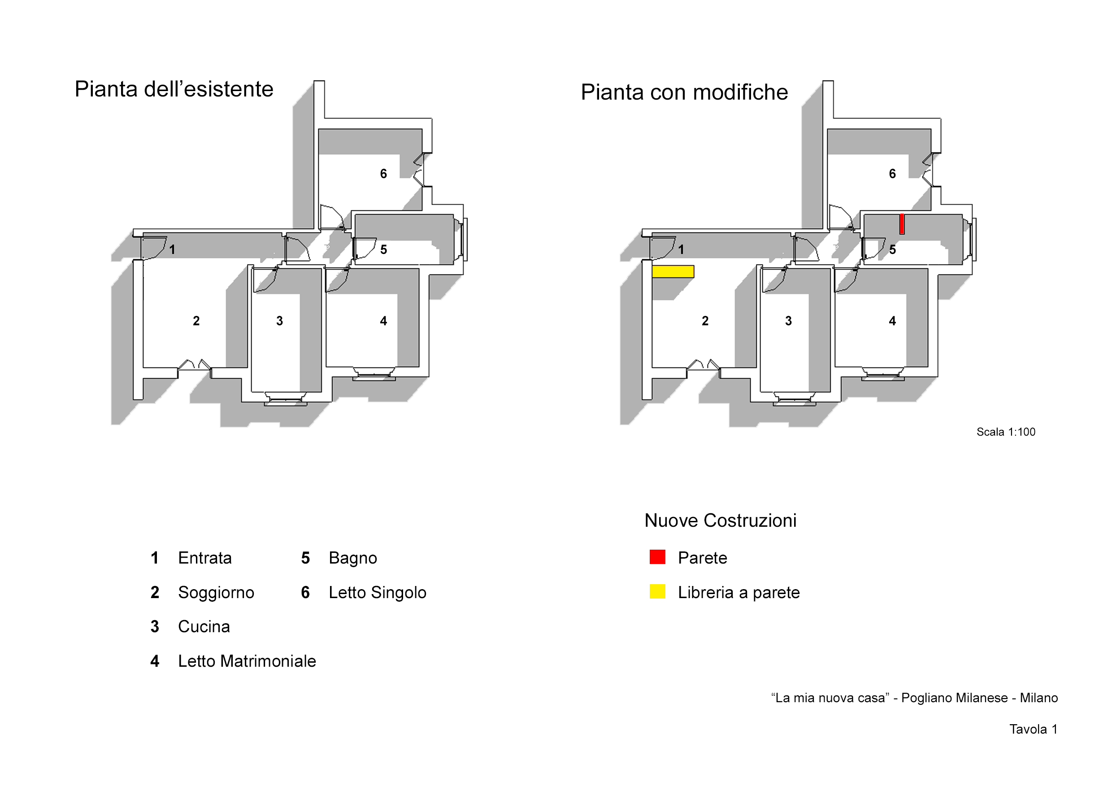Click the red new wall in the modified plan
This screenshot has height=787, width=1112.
tap(902, 224)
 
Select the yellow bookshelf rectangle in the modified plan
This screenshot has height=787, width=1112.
tap(673, 271)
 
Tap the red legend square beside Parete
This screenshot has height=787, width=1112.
tap(657, 557)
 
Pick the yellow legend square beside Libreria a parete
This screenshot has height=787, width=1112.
tap(657, 592)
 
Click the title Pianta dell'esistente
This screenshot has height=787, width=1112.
tap(174, 89)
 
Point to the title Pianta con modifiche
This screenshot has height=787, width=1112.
tap(684, 92)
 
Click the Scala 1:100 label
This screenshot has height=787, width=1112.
tap(1005, 432)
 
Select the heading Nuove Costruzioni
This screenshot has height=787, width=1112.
tap(720, 520)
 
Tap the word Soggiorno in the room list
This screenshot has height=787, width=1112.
tap(216, 592)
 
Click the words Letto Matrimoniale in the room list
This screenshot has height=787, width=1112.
tap(247, 661)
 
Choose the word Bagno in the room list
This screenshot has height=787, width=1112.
tap(352, 558)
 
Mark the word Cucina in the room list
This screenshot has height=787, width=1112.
tap(204, 627)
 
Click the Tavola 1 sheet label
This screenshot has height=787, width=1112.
tap(1033, 729)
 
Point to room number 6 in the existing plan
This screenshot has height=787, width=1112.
tap(383, 174)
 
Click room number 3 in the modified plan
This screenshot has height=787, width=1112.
tap(788, 321)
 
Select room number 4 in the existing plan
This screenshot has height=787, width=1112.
tap(383, 321)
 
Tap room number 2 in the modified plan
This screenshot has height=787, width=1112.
tap(705, 321)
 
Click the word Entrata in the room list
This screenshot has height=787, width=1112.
tap(205, 558)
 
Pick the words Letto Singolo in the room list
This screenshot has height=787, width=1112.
tap(377, 592)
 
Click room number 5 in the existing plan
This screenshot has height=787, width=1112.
tap(383, 249)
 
